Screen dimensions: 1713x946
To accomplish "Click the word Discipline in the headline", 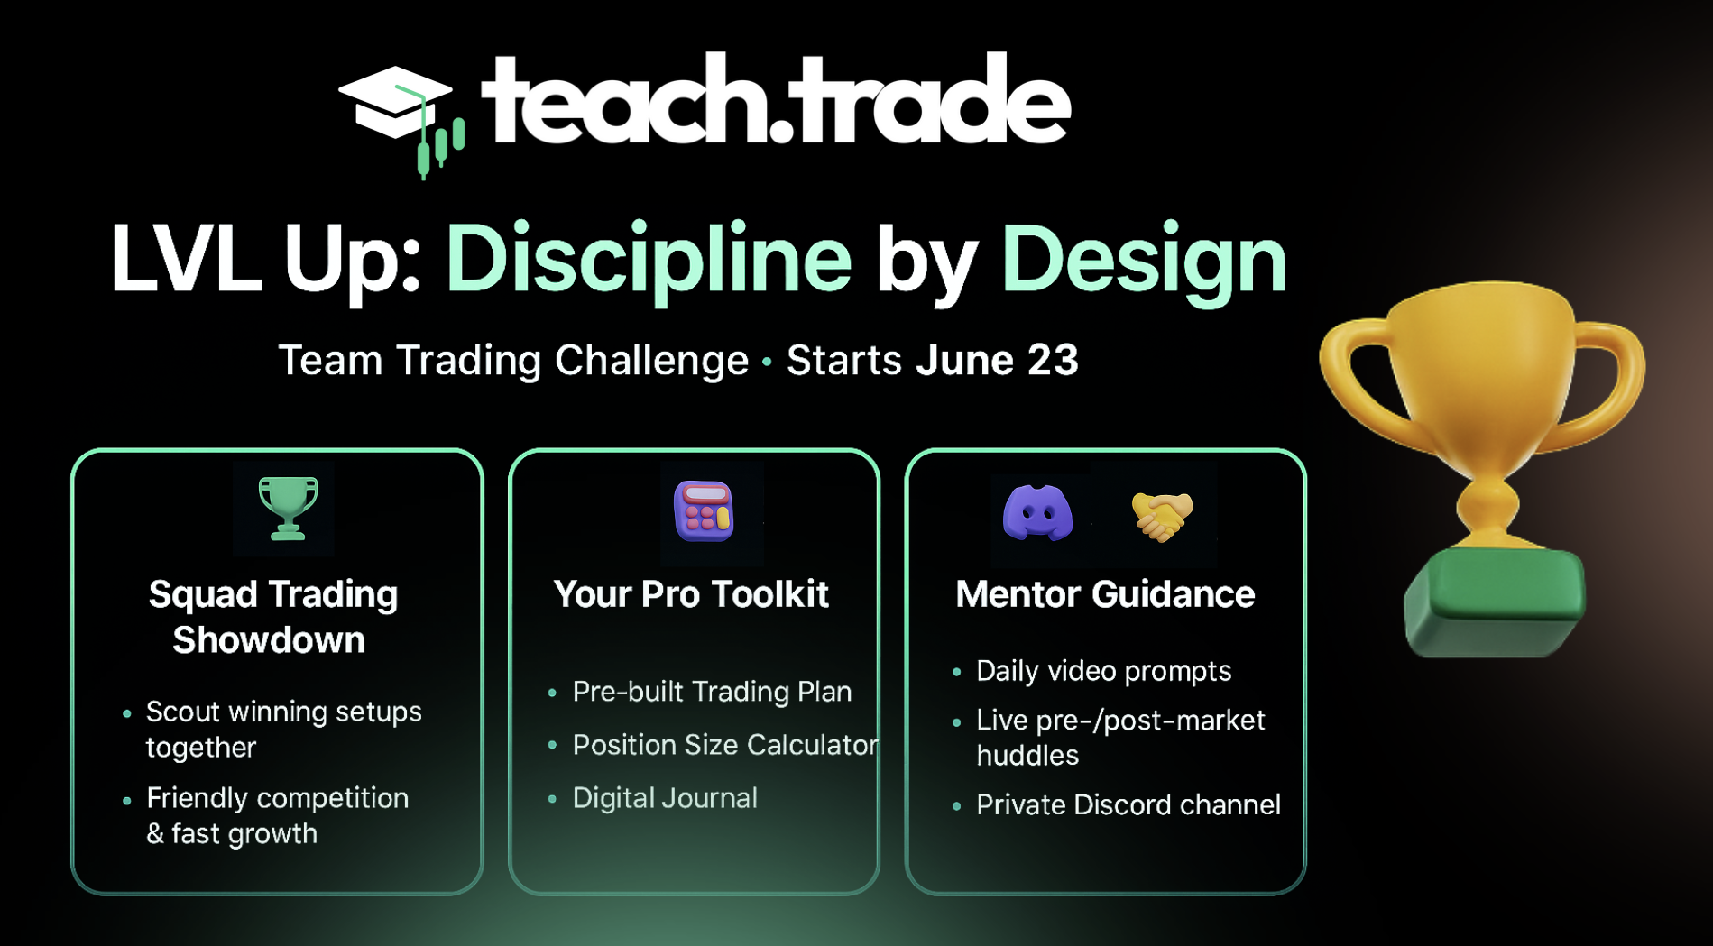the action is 649,261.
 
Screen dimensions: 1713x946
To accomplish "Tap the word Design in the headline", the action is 1144,261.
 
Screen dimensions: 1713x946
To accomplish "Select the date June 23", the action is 997,360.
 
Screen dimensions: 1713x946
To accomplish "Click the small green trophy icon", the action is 288,509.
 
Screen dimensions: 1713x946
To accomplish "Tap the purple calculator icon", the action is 704,511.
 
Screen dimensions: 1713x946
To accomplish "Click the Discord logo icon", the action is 1038,512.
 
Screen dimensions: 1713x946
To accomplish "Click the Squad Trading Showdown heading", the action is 272,617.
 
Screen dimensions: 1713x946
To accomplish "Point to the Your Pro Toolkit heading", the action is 691,594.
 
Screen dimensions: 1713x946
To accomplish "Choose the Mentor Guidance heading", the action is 1105,594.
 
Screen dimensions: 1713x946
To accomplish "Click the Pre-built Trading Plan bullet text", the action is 712,692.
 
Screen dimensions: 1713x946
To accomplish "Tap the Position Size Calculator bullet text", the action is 725,745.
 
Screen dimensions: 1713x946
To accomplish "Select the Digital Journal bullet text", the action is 665,798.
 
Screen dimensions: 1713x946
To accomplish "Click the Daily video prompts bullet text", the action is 1103,671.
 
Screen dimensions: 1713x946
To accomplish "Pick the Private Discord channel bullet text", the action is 1128,804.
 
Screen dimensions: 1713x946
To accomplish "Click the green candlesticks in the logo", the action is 440,147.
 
